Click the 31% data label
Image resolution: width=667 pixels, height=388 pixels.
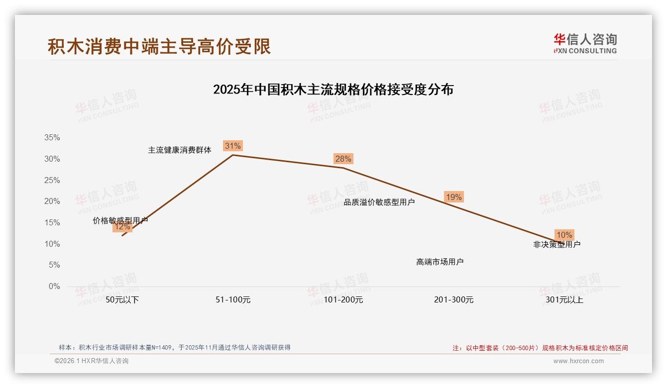tap(232, 146)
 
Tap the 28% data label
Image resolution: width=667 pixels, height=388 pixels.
tap(343, 159)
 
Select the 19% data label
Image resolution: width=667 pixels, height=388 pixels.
tap(453, 197)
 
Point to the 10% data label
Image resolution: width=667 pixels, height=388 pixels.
tap(564, 235)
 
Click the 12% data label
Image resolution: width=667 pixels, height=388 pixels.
tap(122, 227)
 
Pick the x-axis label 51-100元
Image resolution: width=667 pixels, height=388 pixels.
tap(232, 300)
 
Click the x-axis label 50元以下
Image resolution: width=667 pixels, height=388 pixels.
tap(122, 300)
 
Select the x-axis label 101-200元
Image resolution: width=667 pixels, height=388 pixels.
tap(343, 300)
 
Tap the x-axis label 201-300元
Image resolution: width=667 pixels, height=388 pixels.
tap(453, 300)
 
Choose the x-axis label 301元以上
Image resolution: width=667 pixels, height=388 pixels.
tap(564, 300)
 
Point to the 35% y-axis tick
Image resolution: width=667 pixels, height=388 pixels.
tap(52, 138)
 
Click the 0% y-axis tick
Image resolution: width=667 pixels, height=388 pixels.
tap(54, 287)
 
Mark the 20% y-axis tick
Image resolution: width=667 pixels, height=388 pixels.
tap(52, 201)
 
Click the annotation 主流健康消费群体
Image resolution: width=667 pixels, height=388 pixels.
tap(180, 150)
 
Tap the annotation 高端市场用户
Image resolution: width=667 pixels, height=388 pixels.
tap(440, 262)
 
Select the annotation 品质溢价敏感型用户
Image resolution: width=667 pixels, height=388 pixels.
tap(379, 202)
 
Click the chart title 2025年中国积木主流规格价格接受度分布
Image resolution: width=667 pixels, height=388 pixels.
tap(333, 90)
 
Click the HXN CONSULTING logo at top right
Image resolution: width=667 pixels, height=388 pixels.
tap(585, 43)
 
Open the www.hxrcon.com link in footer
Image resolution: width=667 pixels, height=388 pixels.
tap(578, 361)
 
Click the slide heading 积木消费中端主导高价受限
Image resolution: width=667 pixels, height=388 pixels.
tap(159, 46)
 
